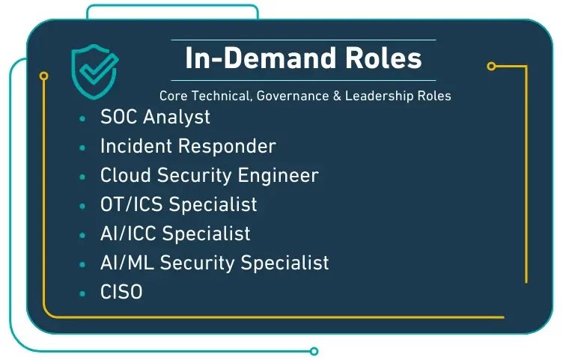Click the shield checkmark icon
point(94,72)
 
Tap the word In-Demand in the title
point(261,58)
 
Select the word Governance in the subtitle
point(293,96)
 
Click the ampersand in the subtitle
point(337,96)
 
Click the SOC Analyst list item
point(155,118)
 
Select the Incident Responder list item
point(188,146)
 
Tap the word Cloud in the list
point(126,175)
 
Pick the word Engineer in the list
point(278,176)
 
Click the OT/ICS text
point(131,204)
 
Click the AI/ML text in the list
point(127,263)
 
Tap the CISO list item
point(121,292)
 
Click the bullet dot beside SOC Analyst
point(82,118)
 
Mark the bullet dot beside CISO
point(82,293)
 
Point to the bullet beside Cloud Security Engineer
point(82,177)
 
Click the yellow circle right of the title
point(491,66)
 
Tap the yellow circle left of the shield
point(43,76)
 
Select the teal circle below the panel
point(314,351)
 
